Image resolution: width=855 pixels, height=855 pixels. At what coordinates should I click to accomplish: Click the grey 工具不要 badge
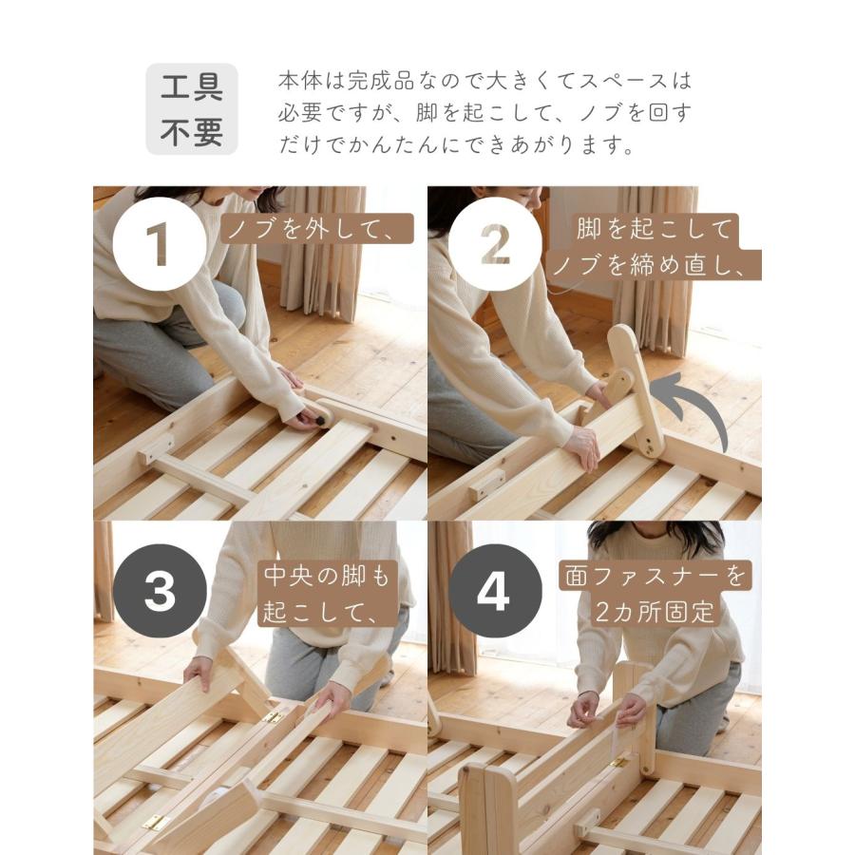click(x=191, y=109)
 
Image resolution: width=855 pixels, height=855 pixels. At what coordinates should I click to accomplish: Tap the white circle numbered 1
click(x=159, y=243)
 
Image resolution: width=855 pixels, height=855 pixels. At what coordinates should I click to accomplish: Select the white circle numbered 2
click(x=495, y=243)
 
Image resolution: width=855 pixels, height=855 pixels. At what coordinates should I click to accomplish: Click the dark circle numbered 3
click(x=159, y=591)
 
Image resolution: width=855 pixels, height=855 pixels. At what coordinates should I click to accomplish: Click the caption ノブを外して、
click(x=319, y=229)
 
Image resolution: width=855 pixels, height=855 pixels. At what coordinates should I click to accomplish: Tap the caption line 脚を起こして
click(x=655, y=229)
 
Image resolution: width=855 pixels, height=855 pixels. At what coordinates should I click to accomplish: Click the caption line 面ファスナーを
click(x=654, y=576)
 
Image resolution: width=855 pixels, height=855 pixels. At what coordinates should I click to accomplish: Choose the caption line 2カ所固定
click(x=655, y=611)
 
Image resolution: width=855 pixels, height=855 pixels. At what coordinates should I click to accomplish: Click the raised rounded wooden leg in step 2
click(x=636, y=389)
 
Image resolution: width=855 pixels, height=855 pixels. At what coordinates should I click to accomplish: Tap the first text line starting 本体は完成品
click(x=484, y=80)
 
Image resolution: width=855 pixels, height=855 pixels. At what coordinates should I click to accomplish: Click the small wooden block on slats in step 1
click(x=158, y=448)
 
